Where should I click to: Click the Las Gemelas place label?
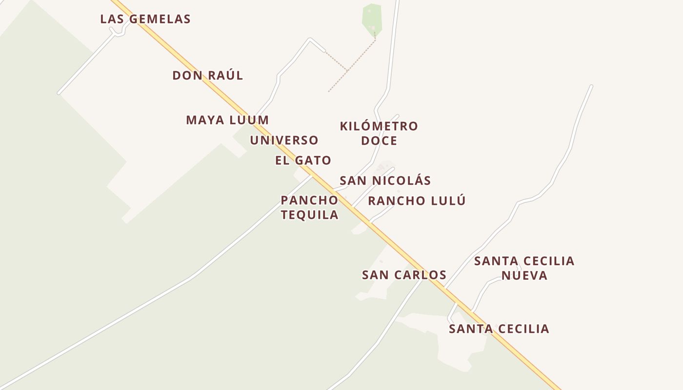145,19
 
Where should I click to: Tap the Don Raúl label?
208,76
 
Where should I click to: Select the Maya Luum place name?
227,120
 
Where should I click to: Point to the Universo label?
284,140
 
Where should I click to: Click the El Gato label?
303,160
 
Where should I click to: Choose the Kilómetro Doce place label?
379,133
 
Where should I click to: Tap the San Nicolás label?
385,180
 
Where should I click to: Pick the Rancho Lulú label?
417,200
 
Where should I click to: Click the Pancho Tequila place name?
309,207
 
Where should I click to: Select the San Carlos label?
404,275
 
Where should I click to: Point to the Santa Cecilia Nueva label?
524,268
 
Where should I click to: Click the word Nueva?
524,275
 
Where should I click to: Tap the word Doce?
379,141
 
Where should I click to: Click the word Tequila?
309,215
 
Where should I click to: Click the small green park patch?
372,19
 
